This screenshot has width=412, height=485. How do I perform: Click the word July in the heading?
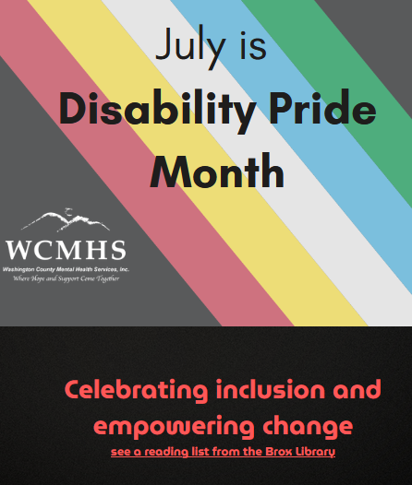(x=190, y=47)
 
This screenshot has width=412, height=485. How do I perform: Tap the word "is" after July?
(x=253, y=45)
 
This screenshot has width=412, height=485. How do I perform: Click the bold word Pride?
(x=323, y=107)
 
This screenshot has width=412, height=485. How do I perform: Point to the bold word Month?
(x=217, y=171)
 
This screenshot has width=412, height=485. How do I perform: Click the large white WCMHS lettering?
(x=66, y=250)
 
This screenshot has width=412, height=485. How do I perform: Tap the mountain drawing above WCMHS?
(x=66, y=220)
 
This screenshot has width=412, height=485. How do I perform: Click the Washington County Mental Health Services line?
(x=66, y=269)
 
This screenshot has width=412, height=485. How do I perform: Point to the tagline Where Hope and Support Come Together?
(x=66, y=278)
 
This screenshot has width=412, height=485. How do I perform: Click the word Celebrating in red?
(x=136, y=390)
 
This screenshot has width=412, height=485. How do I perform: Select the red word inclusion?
(x=271, y=389)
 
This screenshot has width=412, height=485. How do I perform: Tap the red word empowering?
(x=174, y=427)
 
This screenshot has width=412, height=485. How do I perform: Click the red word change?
(x=308, y=426)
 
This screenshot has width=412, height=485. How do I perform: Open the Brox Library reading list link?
(x=223, y=452)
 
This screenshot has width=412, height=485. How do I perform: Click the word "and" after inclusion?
(x=357, y=389)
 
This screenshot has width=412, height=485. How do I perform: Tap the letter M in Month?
(x=167, y=171)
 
